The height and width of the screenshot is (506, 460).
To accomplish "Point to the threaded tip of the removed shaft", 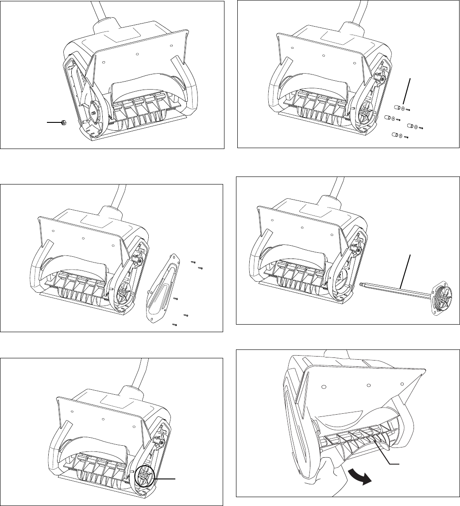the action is (363, 284).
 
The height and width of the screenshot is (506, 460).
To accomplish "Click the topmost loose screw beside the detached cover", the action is (193, 263).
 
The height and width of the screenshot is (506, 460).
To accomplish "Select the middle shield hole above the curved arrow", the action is (368, 384).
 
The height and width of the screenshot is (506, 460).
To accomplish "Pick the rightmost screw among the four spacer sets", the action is (421, 128).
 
